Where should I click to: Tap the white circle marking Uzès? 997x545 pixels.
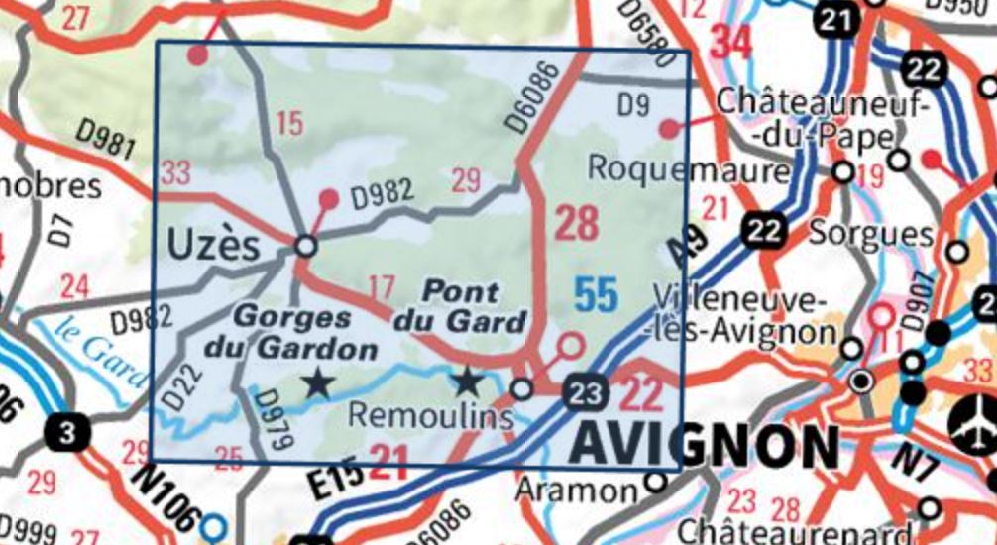click(306, 245)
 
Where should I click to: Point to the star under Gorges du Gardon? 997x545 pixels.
click(317, 381)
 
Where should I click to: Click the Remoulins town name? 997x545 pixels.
click(430, 417)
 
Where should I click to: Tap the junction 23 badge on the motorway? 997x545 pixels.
click(585, 392)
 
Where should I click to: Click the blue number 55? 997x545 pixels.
click(596, 294)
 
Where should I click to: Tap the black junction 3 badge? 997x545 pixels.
click(67, 432)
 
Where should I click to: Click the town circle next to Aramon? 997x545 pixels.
click(655, 483)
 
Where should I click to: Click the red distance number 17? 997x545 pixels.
click(381, 288)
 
